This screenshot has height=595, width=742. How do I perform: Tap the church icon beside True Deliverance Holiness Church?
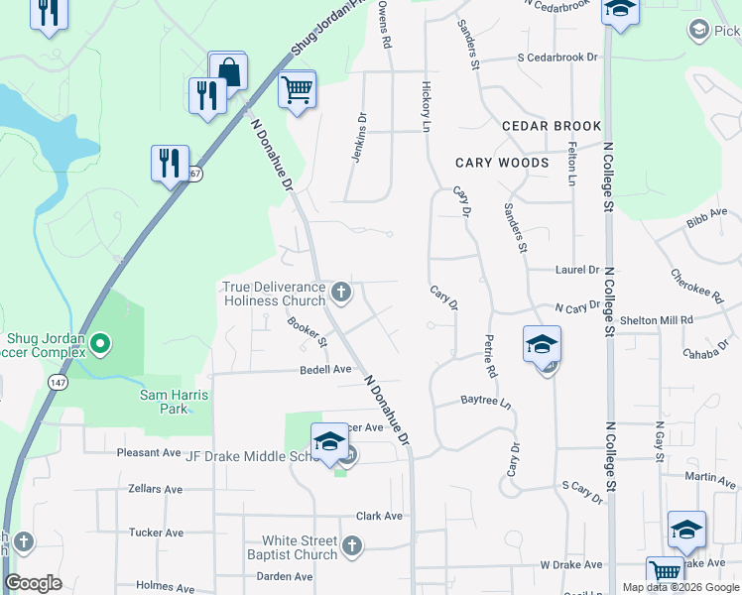341,292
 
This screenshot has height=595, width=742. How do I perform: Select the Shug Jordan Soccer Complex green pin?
100,344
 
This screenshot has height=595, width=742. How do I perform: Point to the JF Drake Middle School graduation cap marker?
329,443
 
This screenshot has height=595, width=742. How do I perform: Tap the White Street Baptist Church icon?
351,546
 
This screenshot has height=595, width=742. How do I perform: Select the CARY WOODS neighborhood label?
502,163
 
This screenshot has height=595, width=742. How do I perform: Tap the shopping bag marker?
228,72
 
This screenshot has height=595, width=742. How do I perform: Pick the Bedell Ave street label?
326,369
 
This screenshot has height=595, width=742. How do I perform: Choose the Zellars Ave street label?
156,489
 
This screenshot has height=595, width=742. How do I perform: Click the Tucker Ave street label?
157,533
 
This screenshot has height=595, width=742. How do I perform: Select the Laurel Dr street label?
578,269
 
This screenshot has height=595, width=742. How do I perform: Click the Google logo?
34,583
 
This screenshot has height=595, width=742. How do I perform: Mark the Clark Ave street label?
379,516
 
